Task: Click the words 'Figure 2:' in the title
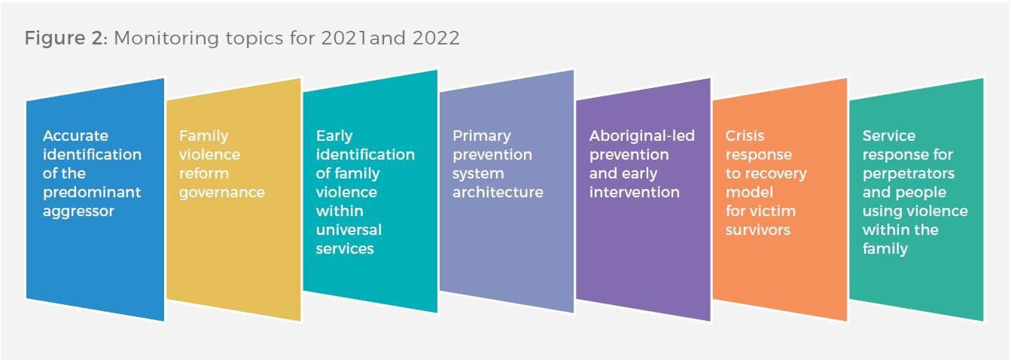66,38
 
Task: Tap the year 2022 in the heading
436,38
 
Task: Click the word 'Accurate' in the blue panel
75,136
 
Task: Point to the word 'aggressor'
78,212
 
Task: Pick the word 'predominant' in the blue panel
92,192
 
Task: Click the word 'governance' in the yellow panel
222,192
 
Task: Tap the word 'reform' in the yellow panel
204,173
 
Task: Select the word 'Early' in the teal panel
334,136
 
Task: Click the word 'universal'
349,230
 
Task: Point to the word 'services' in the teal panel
345,249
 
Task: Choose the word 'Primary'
482,136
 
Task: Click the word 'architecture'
498,192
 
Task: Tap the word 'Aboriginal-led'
642,136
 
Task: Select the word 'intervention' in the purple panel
634,192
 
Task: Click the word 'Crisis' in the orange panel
745,136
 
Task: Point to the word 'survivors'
758,230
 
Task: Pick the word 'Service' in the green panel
889,136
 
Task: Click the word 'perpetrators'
909,173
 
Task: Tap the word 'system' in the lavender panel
478,174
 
